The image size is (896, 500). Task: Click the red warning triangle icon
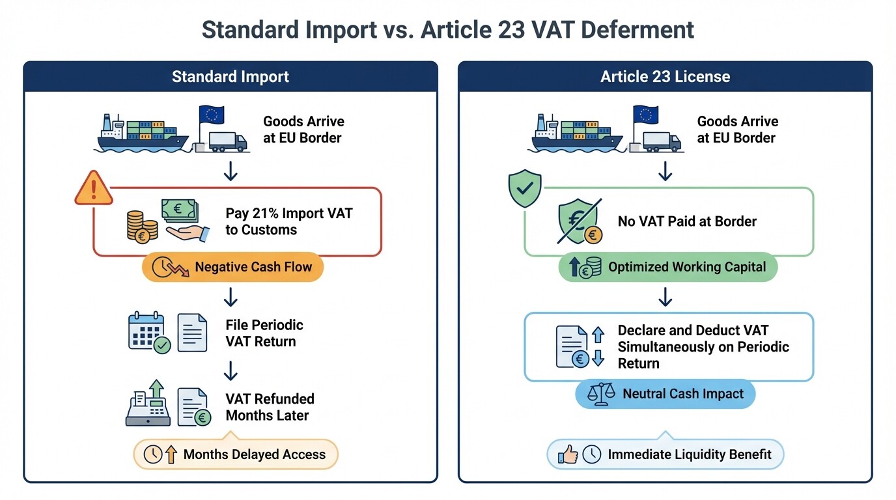point(94,188)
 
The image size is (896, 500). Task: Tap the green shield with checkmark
point(525,188)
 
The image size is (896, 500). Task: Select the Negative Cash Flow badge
point(232,267)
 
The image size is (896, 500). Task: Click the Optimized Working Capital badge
point(667,267)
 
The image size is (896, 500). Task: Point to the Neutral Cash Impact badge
point(665,394)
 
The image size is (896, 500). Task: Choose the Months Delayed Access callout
point(236,454)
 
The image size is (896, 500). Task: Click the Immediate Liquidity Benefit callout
point(665,454)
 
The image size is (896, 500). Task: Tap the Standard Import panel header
point(231,77)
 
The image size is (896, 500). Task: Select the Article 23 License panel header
point(665,77)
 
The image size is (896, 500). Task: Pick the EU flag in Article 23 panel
point(645,115)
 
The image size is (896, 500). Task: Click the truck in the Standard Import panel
point(228,142)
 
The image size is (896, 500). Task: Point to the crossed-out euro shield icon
point(579,222)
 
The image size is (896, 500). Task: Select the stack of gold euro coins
point(142,226)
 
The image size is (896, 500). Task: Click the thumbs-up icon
point(568,454)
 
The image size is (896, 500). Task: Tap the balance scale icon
point(601,394)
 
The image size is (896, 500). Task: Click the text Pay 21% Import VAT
point(288,214)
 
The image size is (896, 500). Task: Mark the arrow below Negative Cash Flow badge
point(231,298)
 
